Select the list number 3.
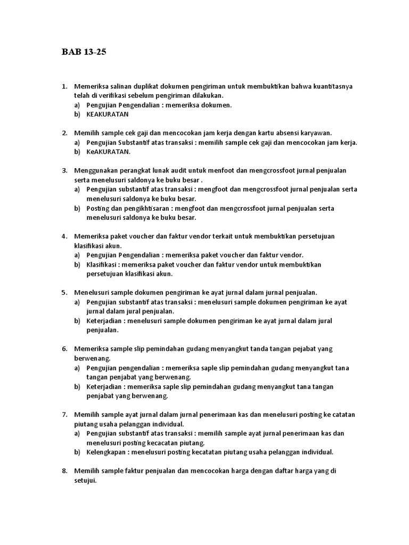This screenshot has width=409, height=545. [x=64, y=170]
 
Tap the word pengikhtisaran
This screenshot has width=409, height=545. [x=130, y=208]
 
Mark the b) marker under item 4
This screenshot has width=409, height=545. [x=77, y=265]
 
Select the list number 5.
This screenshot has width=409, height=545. [x=64, y=292]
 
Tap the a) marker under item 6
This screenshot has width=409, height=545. [x=77, y=368]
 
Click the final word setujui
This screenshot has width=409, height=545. [x=85, y=480]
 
